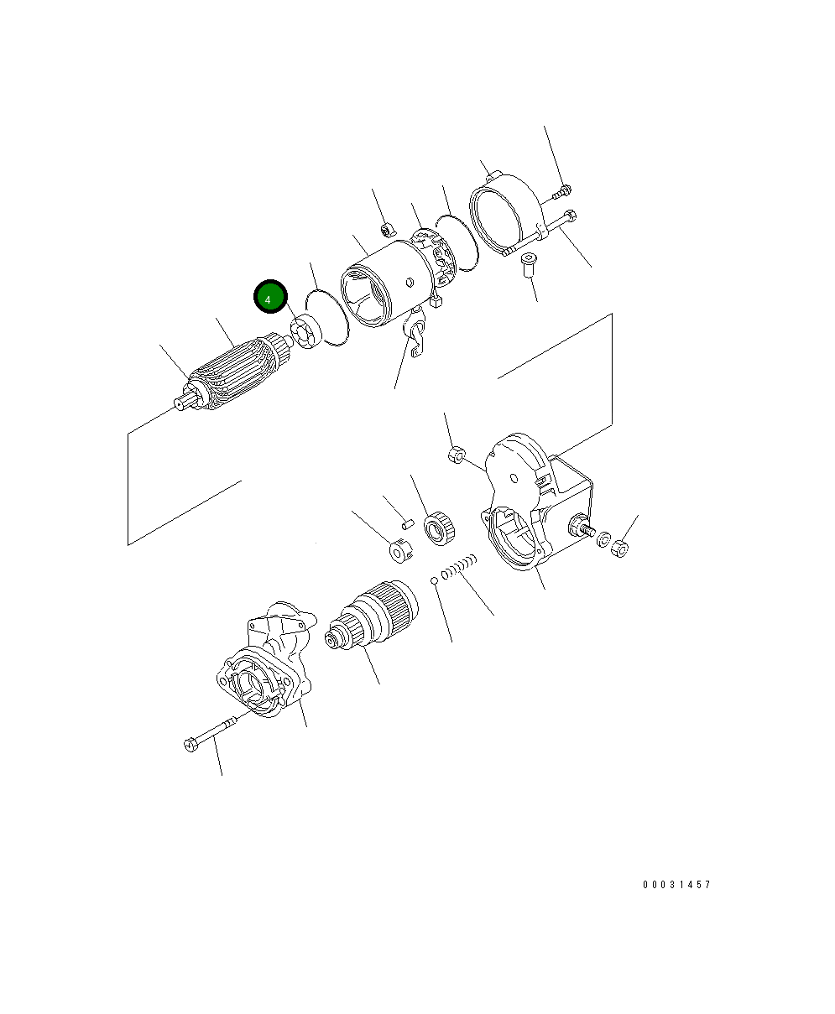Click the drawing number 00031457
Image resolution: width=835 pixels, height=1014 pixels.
(676, 885)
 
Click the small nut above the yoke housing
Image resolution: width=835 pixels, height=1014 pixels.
(388, 228)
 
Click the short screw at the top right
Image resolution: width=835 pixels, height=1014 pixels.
(561, 192)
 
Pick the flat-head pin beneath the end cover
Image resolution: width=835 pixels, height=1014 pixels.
(527, 263)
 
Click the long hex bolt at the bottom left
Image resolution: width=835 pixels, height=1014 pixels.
(210, 732)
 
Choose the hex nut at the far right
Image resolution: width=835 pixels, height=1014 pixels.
(621, 549)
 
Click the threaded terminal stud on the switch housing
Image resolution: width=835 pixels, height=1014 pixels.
(582, 528)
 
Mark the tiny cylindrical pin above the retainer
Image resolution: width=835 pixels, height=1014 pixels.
(409, 523)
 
